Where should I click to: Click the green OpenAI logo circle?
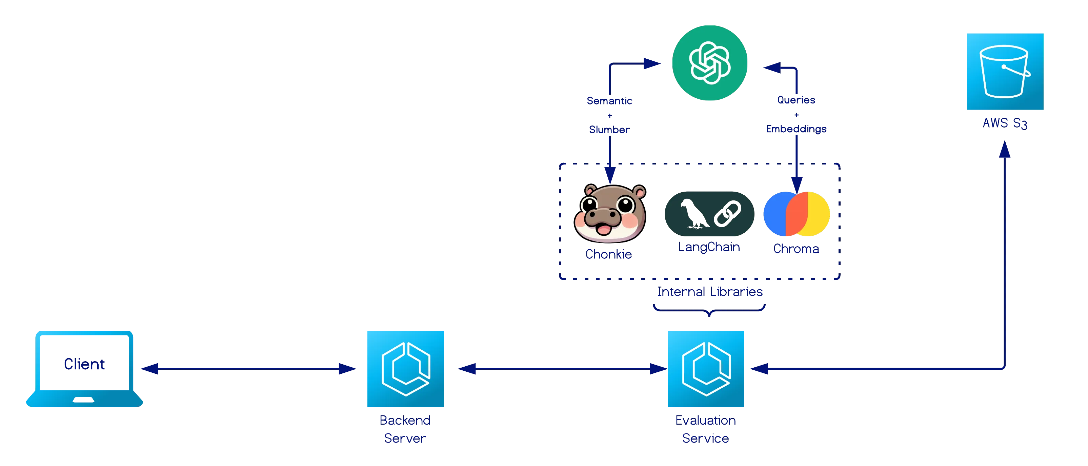[710, 62]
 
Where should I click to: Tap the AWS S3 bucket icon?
[1004, 72]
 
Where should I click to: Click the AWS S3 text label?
[1004, 123]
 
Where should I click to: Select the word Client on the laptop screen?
[84, 364]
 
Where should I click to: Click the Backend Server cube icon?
[405, 368]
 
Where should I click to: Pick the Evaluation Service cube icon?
[706, 368]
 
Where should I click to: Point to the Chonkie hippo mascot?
[609, 213]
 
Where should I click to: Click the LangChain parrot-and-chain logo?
[709, 215]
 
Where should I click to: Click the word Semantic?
[609, 100]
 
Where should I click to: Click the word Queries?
[796, 100]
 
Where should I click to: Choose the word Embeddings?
[796, 129]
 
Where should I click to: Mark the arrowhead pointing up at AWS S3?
[1004, 150]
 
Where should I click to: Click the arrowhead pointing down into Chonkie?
[609, 174]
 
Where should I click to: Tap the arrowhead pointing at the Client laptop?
[150, 368]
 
